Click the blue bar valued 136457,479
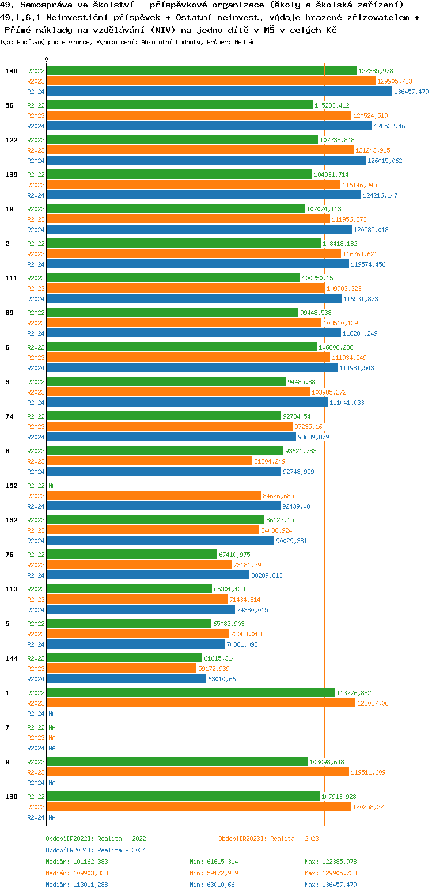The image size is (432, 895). (219, 91)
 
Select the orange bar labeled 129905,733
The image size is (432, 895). (211, 81)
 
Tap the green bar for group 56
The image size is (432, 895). (180, 105)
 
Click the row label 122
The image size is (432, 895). (11, 140)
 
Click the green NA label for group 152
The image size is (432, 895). (52, 486)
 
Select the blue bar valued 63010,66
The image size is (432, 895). (127, 678)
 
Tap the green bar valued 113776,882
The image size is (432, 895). (191, 692)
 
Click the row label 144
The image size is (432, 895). (11, 658)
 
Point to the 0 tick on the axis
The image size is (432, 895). (47, 59)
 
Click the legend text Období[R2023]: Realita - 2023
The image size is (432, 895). (268, 839)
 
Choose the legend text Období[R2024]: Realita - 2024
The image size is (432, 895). (96, 850)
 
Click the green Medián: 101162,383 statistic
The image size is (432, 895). (77, 862)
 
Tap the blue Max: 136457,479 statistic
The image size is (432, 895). (331, 885)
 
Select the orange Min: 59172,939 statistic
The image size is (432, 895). (214, 873)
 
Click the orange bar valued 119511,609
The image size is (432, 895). (198, 772)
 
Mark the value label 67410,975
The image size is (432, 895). (234, 555)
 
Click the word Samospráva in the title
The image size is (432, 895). (43, 5)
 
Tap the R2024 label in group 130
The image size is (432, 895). (36, 817)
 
